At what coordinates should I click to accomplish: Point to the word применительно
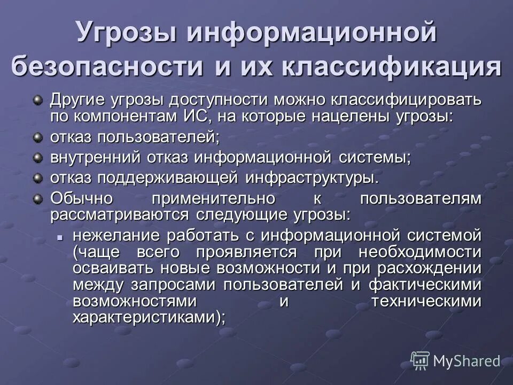pyautogui.click(x=213, y=198)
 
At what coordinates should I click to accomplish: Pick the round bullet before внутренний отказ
pyautogui.click(x=37, y=158)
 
